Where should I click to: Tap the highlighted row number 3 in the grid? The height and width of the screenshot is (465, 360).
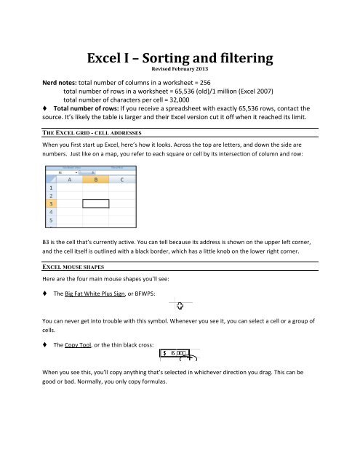tap(51, 203)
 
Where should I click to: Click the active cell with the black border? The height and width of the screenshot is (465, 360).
tap(97, 203)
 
